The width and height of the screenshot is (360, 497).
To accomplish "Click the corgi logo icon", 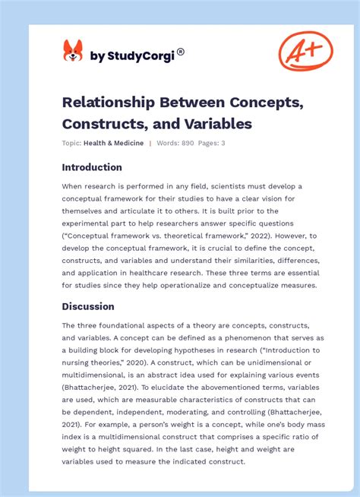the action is (x=73, y=52).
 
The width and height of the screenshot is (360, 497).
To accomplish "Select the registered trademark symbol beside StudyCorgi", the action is (x=181, y=52).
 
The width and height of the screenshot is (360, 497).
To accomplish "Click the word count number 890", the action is (x=188, y=143).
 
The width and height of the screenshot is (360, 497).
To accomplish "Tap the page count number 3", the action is (x=223, y=143).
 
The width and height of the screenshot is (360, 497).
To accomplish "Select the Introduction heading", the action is (x=92, y=167).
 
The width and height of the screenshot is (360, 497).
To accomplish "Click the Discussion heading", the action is (x=88, y=306).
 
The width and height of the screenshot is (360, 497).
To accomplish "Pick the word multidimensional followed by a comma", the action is (x=96, y=375).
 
